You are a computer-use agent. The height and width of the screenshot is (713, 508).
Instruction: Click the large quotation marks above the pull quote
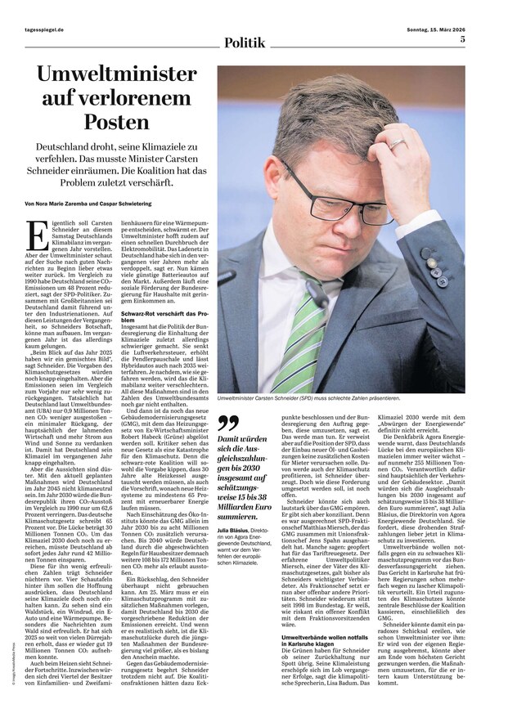(x=229, y=424)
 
